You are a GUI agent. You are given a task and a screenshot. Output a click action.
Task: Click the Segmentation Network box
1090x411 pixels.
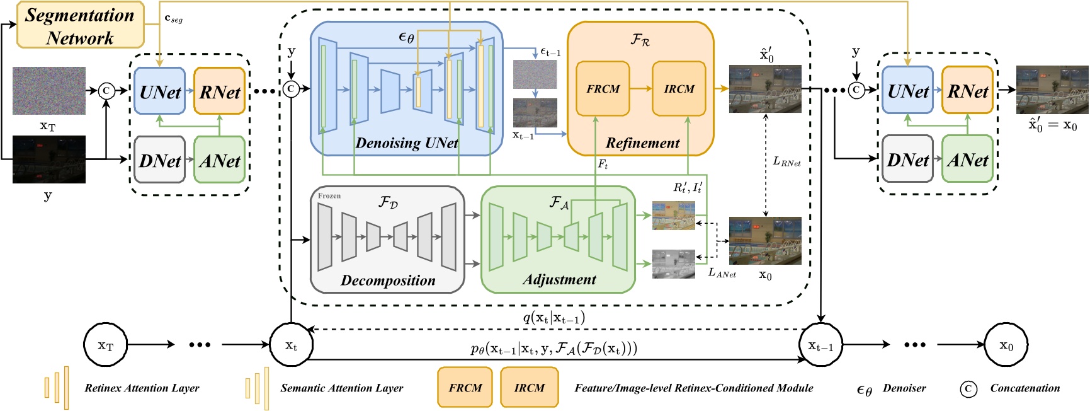pyautogui.click(x=80, y=25)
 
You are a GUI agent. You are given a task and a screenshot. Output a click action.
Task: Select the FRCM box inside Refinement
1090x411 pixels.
pyautogui.click(x=603, y=89)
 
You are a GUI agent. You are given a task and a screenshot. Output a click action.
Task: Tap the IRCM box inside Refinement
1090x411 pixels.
pyautogui.click(x=678, y=89)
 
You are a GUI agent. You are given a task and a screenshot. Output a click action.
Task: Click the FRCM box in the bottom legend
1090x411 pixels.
pyautogui.click(x=465, y=388)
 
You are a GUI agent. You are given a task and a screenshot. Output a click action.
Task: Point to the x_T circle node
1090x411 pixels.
pyautogui.click(x=106, y=345)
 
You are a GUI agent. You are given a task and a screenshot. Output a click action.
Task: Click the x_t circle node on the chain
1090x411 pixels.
pyautogui.click(x=291, y=345)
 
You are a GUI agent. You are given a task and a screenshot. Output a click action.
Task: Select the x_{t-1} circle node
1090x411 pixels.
pyautogui.click(x=820, y=345)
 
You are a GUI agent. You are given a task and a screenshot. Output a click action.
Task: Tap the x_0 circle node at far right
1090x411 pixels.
pyautogui.click(x=1006, y=345)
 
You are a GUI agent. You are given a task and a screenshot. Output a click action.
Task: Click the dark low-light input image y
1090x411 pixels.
pyautogui.click(x=48, y=159)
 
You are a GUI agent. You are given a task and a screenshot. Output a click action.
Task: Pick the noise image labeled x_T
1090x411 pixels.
pyautogui.click(x=48, y=91)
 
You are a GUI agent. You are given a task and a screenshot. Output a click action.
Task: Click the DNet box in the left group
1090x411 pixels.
pyautogui.click(x=160, y=160)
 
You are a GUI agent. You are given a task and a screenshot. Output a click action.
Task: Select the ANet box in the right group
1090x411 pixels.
pyautogui.click(x=967, y=159)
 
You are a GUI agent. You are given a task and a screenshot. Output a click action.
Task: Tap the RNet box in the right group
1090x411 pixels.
pyautogui.click(x=967, y=91)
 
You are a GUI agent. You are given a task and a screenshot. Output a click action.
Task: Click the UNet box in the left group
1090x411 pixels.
pyautogui.click(x=160, y=91)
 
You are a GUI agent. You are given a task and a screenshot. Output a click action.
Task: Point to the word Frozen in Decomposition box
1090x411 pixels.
pyautogui.click(x=329, y=196)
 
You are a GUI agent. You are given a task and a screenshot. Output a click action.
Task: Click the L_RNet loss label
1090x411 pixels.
pyautogui.click(x=786, y=162)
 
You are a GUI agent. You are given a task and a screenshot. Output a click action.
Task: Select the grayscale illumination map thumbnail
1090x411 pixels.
pyautogui.click(x=673, y=264)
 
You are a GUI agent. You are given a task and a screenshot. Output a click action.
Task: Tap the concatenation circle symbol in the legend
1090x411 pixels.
pyautogui.click(x=968, y=389)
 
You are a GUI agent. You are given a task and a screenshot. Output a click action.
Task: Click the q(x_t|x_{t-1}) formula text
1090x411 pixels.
pyautogui.click(x=554, y=317)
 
